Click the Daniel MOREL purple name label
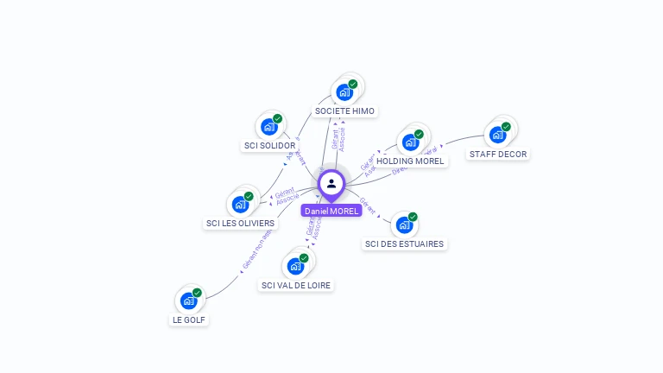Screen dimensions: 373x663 331,211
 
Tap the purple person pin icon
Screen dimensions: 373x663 331,184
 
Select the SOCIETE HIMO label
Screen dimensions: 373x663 344,111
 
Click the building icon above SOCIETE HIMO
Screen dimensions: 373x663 344,92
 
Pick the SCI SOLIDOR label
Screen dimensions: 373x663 269,146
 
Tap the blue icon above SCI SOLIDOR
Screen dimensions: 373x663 269,126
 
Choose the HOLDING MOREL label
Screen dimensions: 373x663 410,161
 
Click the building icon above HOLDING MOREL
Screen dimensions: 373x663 410,142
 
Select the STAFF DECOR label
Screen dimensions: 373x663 498,155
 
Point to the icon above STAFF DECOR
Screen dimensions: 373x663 497,135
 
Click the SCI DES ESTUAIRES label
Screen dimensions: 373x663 404,244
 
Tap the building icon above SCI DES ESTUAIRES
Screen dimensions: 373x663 404,224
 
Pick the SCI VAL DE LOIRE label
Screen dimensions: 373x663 296,285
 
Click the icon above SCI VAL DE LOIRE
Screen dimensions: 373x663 295,265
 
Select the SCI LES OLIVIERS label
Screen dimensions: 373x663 240,224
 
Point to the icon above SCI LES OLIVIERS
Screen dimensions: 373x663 240,205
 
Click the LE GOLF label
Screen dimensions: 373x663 189,319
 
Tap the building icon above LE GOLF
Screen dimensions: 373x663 188,300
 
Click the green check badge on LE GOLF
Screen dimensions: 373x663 197,293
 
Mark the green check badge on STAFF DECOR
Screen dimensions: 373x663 506,127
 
